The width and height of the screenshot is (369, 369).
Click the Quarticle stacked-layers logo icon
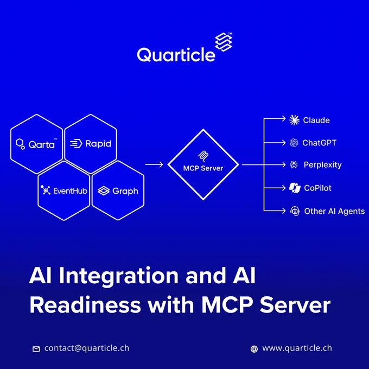[x=224, y=42]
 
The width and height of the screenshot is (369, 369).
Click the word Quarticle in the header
[x=176, y=55]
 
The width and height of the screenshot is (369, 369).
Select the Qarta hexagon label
[x=41, y=144]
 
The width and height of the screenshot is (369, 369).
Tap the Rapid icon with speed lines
[x=76, y=143]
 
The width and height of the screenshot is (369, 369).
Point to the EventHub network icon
[x=46, y=190]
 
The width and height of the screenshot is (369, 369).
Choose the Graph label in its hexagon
[x=125, y=192]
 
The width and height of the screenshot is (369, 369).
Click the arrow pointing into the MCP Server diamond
[x=154, y=164]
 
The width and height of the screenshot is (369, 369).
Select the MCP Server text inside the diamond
[x=203, y=168]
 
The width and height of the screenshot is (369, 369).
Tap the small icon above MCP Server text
[x=203, y=156]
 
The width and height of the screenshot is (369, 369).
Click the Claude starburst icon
[x=294, y=120]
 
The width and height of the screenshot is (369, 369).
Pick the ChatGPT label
[x=319, y=143]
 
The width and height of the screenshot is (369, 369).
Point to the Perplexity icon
[x=294, y=165]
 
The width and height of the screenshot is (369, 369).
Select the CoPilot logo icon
[x=295, y=188]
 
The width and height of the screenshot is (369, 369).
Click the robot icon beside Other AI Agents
[x=295, y=211]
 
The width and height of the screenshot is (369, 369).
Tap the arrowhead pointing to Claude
[x=284, y=119]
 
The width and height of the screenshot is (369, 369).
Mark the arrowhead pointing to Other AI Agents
[x=284, y=211]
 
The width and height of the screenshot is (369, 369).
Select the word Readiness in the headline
[x=85, y=305]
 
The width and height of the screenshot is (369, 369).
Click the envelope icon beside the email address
[x=36, y=349]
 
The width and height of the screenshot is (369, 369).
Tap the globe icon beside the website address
[x=254, y=349]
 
